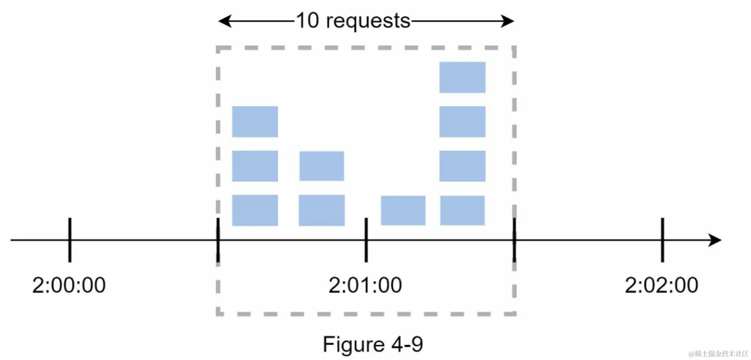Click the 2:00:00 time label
click(x=69, y=285)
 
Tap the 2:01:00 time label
click(x=365, y=285)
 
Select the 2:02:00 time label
click(x=661, y=285)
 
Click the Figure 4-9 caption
click(x=373, y=344)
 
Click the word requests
click(x=368, y=21)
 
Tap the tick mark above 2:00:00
click(x=70, y=239)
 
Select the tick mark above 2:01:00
click(x=366, y=239)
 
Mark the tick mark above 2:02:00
click(x=663, y=239)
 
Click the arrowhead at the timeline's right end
click(x=715, y=240)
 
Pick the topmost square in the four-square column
click(x=462, y=77)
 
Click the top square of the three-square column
click(x=255, y=122)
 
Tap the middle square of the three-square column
click(x=255, y=166)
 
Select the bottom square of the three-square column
click(x=255, y=210)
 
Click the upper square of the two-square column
click(x=322, y=166)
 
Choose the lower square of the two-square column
click(x=322, y=210)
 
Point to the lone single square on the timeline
click(x=403, y=210)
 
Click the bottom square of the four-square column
click(x=462, y=210)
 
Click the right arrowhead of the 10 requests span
click(x=507, y=21)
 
